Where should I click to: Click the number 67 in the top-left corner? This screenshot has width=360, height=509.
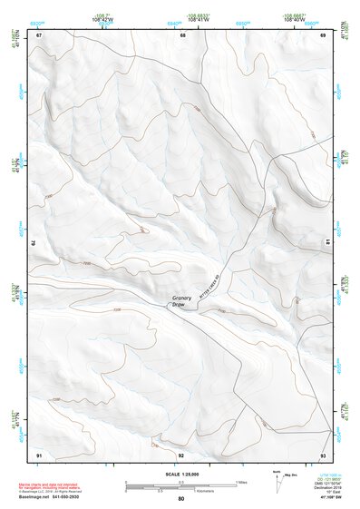(x=39, y=34)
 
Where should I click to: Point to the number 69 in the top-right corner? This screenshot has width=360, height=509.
(x=323, y=34)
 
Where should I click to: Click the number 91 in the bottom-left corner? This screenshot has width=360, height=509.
(x=39, y=454)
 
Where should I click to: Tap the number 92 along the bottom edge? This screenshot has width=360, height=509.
(x=181, y=454)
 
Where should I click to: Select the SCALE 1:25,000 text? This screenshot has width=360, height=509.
(x=180, y=474)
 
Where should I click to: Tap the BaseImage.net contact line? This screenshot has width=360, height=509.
(x=53, y=498)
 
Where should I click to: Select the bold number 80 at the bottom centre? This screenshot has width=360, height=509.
(x=181, y=499)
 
